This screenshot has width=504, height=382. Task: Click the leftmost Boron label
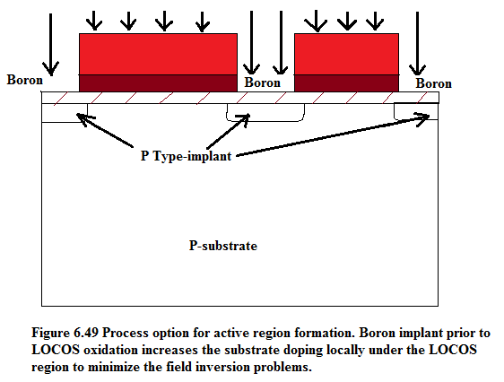pos(25,80)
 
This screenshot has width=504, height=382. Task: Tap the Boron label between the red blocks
pos(262,82)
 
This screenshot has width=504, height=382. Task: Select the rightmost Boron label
pos(434,83)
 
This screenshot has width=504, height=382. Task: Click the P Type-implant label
pos(187,156)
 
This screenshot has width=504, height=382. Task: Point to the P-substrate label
pos(223,246)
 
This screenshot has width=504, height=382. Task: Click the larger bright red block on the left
pos(158,55)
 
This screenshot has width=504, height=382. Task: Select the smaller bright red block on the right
pos(346,55)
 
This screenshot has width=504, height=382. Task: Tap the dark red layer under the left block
pos(158,83)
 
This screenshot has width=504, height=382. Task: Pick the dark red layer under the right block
pos(346,83)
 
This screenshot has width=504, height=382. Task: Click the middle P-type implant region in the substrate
pos(265,112)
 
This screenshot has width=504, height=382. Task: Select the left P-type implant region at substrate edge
pos(65,113)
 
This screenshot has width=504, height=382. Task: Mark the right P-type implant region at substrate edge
pos(416,111)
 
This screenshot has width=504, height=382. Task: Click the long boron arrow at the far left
pos(51,44)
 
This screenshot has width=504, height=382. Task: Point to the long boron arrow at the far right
pos(417,43)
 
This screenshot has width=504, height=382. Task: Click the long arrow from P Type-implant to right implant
pos(333,135)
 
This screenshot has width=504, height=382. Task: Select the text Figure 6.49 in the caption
pos(65,333)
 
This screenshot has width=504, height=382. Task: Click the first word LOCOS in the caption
pos(56,350)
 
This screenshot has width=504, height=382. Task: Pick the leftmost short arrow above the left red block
pos(94,21)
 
